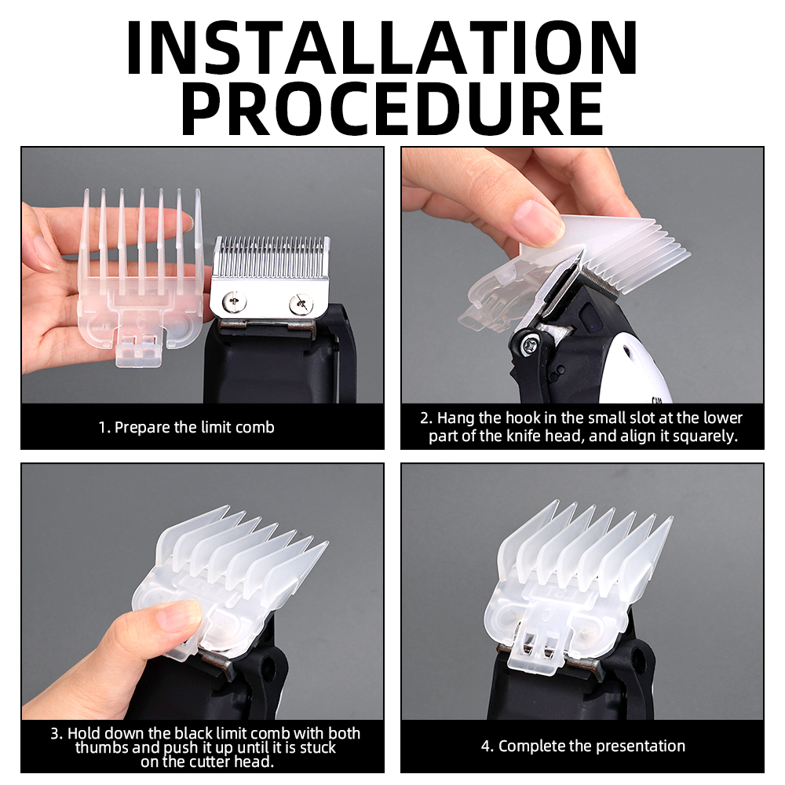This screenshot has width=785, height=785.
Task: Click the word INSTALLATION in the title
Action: point(382,48)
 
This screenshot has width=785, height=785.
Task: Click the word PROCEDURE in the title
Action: point(392,108)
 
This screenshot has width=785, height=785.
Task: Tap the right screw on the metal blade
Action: point(301,305)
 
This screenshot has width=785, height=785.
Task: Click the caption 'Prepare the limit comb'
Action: point(194,427)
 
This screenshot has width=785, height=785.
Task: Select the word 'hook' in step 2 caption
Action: point(523,418)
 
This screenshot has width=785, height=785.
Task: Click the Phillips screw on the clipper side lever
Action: point(530,345)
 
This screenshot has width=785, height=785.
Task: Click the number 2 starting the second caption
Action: point(425,418)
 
